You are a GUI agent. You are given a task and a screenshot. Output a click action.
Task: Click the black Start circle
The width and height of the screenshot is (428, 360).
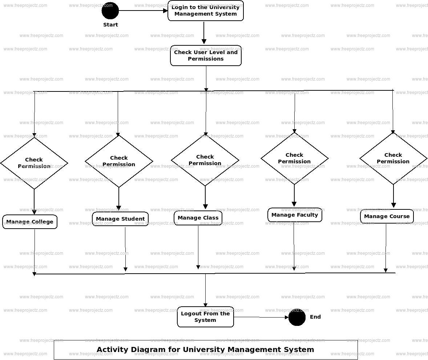110,11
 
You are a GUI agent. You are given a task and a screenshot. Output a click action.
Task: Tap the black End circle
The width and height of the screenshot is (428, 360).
297,317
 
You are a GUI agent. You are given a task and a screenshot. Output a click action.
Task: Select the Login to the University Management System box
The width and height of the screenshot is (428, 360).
206,11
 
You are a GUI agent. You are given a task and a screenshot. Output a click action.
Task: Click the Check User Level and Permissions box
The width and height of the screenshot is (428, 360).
206,56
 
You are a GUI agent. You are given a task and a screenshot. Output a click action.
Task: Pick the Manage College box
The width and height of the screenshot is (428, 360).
30,222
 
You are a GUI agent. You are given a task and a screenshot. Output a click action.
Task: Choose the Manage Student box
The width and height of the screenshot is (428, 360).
120,219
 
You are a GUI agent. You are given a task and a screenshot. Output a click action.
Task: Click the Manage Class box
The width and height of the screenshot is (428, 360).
198,218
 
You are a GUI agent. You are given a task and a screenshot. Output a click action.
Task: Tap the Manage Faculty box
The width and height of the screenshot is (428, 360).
295,215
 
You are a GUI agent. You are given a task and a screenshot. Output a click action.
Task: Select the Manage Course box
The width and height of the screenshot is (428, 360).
387,216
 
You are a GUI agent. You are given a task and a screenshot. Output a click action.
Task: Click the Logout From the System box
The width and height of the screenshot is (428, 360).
205,317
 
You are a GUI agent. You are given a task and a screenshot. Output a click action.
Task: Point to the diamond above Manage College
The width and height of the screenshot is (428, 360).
34,163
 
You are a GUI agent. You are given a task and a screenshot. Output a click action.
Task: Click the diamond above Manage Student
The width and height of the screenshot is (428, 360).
119,161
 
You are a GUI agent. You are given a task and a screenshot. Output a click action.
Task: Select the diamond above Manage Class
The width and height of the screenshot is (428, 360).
205,160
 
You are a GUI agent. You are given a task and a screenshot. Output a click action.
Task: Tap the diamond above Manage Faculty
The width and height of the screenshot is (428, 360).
294,158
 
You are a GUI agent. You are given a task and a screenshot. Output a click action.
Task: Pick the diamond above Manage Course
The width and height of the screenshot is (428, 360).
393,158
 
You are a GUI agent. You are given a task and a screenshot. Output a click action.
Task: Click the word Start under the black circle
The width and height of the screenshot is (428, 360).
110,25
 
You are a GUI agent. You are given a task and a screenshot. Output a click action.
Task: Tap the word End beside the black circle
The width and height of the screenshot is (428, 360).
315,317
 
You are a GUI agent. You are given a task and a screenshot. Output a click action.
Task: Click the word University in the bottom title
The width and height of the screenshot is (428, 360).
203,350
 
